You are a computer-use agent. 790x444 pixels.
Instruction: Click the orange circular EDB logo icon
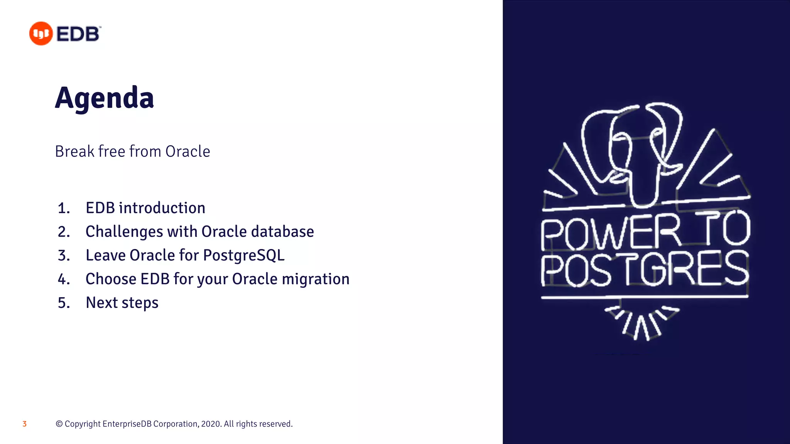(x=41, y=34)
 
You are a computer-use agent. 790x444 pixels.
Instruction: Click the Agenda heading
(x=104, y=98)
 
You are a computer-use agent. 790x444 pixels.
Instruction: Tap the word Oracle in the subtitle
(x=187, y=151)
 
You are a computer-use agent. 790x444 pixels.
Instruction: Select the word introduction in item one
(x=162, y=208)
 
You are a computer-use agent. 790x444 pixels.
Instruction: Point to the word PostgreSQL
(x=244, y=255)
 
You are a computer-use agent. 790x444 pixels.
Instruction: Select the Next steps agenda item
(x=122, y=303)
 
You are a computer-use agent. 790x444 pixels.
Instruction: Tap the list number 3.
(x=64, y=256)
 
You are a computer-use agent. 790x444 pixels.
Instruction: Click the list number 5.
(x=64, y=303)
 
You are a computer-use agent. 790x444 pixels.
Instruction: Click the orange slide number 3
(x=24, y=424)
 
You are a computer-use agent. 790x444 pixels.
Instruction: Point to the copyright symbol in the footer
(x=59, y=424)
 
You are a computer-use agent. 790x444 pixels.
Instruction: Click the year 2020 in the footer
(x=211, y=424)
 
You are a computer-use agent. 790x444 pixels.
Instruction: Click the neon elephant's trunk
(x=642, y=185)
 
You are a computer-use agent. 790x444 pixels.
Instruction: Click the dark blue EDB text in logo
(x=78, y=34)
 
